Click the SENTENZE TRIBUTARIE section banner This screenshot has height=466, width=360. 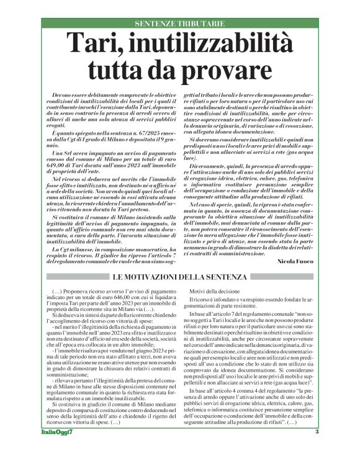click(x=179, y=24)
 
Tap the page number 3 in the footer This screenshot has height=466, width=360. click(x=317, y=449)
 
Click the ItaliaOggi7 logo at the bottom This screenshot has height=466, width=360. click(x=55, y=449)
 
